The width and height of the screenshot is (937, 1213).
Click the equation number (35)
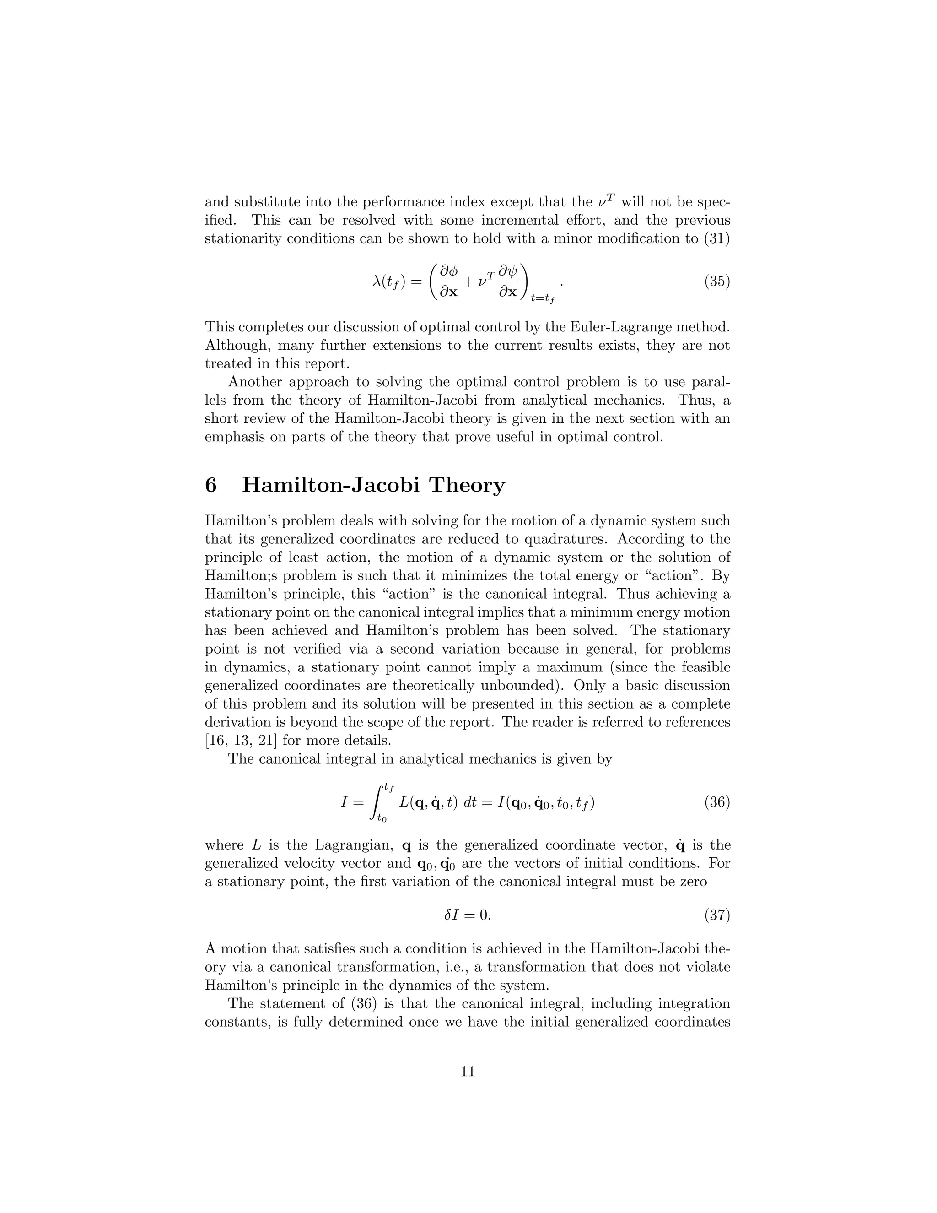pyautogui.click(x=717, y=282)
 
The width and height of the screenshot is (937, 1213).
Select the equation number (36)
pyautogui.click(x=717, y=802)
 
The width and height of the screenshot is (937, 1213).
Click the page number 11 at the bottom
pyautogui.click(x=468, y=1072)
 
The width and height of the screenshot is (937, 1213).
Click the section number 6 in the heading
pyautogui.click(x=211, y=485)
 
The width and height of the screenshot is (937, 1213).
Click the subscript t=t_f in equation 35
pyautogui.click(x=543, y=299)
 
